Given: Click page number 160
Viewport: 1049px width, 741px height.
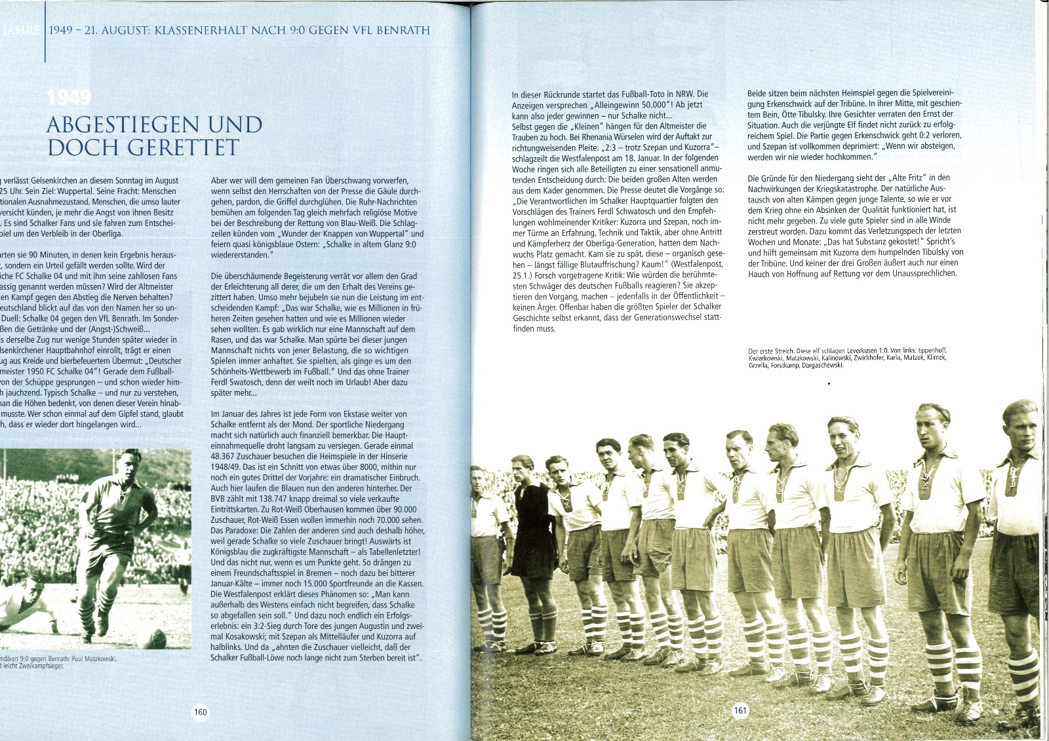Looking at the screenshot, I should click(x=200, y=712).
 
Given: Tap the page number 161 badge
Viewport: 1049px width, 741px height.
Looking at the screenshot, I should click(x=740, y=710).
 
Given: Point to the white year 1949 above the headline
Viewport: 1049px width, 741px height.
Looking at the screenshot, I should click(x=69, y=98).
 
